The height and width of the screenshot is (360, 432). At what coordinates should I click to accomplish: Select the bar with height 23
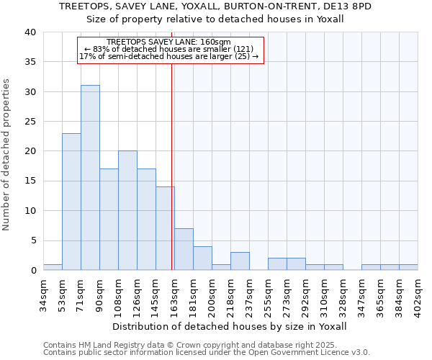point(71,202)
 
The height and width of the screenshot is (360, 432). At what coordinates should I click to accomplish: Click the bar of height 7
point(184,249)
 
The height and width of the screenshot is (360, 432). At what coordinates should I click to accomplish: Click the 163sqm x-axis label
point(175,292)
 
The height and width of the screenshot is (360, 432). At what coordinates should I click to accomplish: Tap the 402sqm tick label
point(418,292)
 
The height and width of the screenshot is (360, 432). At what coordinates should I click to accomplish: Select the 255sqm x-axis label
point(269,292)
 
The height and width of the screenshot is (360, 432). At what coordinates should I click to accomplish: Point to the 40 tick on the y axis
point(30,32)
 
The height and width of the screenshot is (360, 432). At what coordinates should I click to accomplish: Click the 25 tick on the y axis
point(30,122)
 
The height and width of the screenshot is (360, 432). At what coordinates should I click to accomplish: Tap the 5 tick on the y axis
point(32,240)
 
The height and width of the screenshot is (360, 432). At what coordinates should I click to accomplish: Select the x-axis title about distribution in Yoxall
point(230,326)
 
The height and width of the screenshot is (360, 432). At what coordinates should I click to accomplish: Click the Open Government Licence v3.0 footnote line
point(207,352)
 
